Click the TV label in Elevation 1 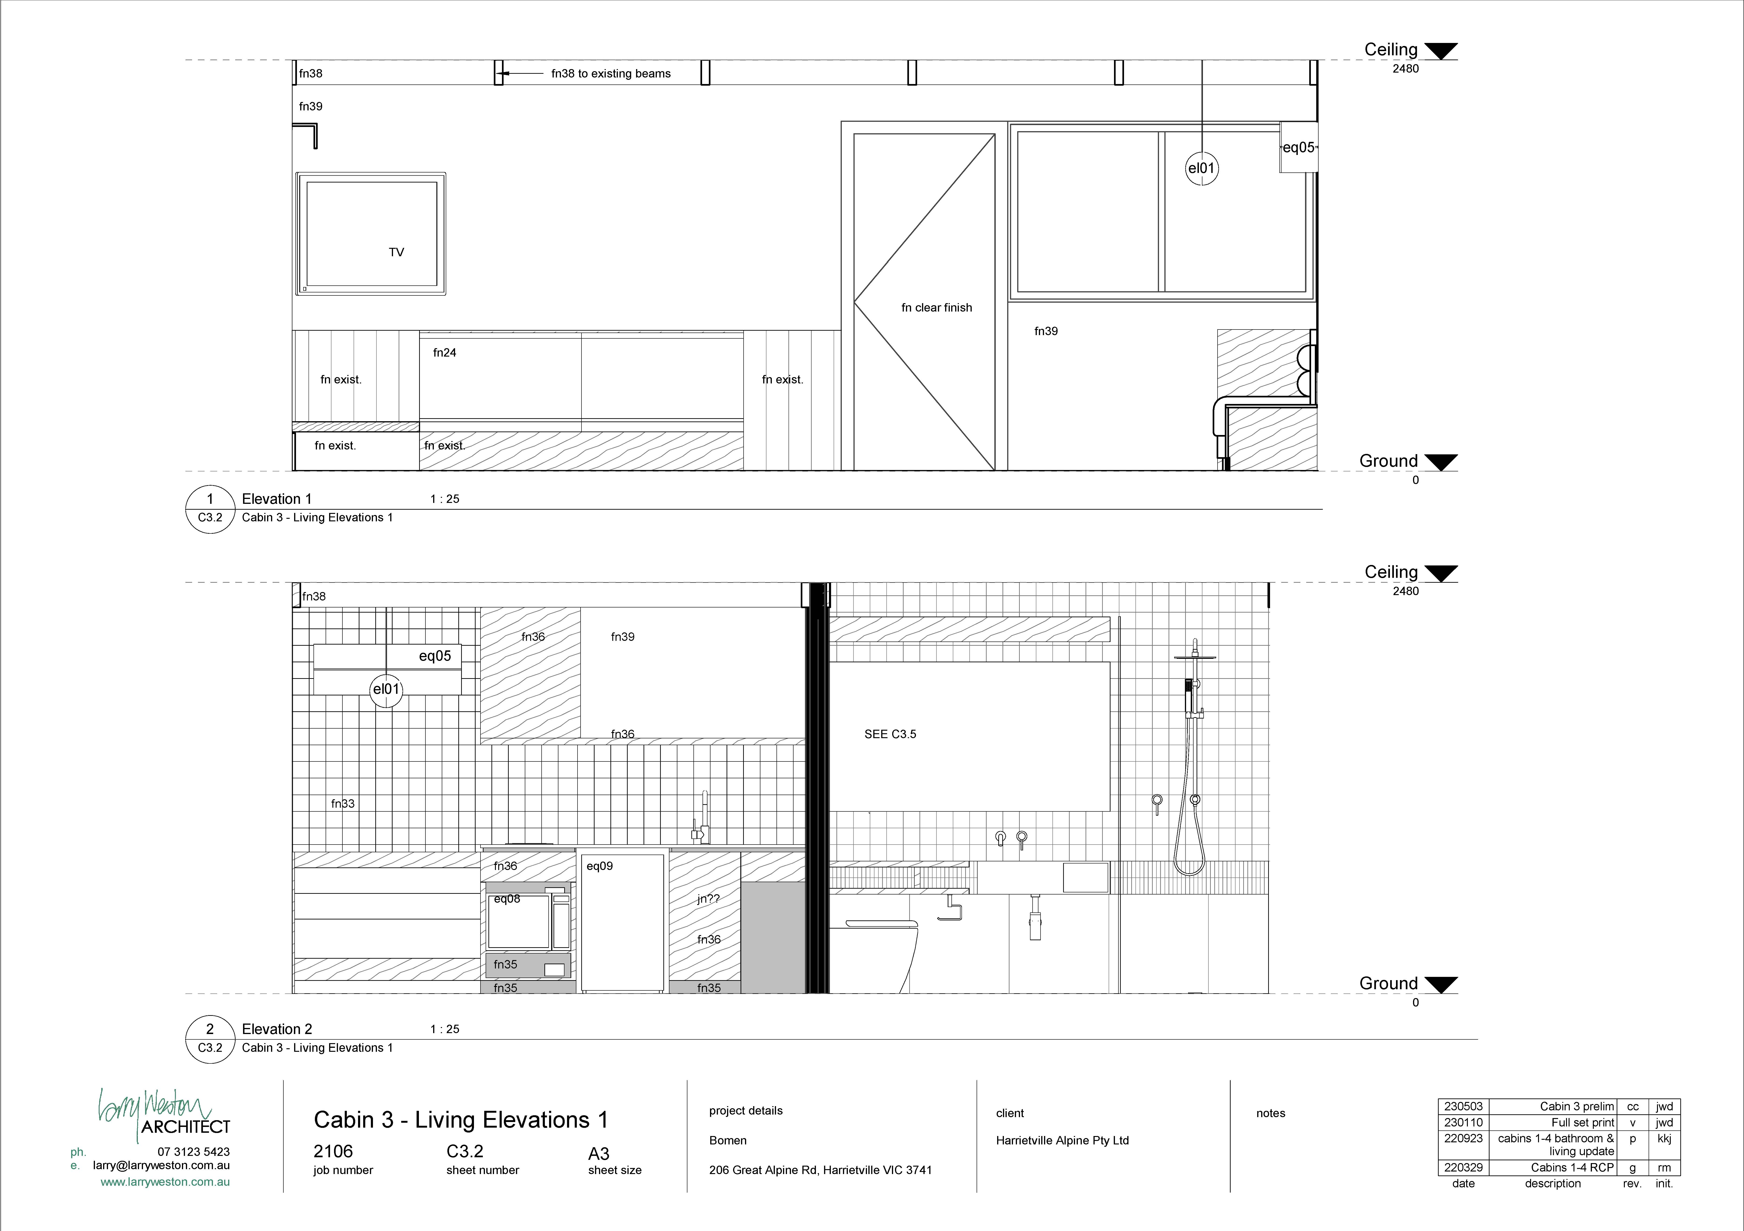pyautogui.click(x=397, y=252)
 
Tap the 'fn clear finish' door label pyautogui.click(x=936, y=308)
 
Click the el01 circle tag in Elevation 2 pyautogui.click(x=386, y=689)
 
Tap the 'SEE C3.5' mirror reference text pyautogui.click(x=890, y=734)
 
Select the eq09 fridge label pyautogui.click(x=599, y=866)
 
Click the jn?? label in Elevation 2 pyautogui.click(x=708, y=899)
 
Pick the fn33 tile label pyautogui.click(x=343, y=803)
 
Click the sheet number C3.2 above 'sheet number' pyautogui.click(x=465, y=1151)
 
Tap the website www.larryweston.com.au pyautogui.click(x=165, y=1182)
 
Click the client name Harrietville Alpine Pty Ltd pyautogui.click(x=1062, y=1141)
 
